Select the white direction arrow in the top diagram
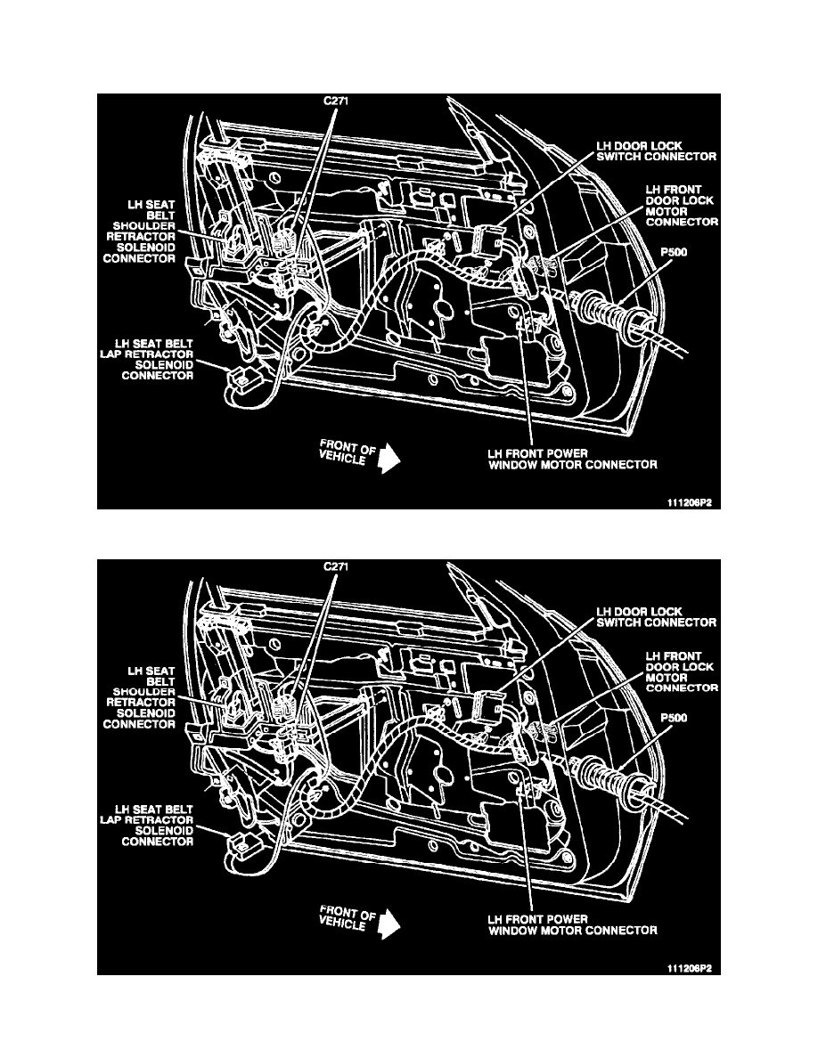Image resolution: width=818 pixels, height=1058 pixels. (x=389, y=458)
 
